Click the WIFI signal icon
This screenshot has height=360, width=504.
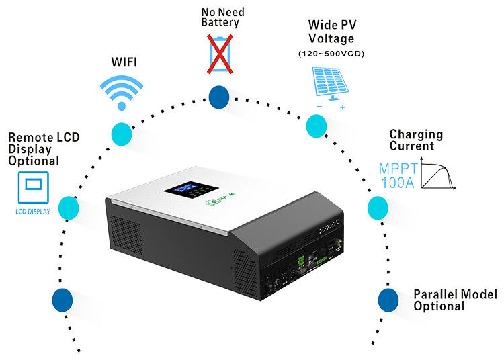point(121,91)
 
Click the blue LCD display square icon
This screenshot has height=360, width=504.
point(32,188)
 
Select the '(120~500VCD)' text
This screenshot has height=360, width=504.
point(330,54)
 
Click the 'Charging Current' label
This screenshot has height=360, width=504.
point(417,140)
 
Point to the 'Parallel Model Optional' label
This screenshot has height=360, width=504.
point(455,300)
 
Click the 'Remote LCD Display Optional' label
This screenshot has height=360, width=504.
point(43,149)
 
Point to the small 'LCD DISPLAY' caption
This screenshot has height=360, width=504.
point(32,211)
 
